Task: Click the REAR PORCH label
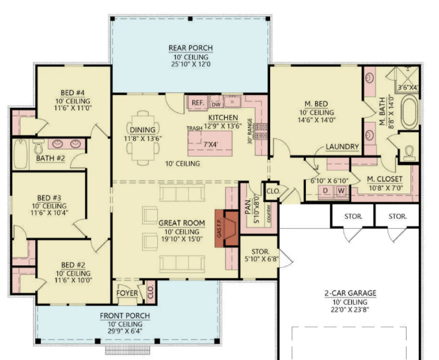tap(190, 48)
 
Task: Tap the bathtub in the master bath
tap(409, 112)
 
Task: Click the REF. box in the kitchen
tap(197, 103)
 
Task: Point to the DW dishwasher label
tap(216, 103)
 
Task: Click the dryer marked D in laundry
tap(325, 191)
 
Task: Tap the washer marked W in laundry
tap(340, 191)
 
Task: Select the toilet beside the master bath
tap(408, 153)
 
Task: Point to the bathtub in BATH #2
tap(21, 153)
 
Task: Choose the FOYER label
tap(127, 293)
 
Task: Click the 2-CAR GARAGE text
tap(349, 293)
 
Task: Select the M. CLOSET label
tap(384, 179)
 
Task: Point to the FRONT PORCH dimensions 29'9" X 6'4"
tap(125, 331)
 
